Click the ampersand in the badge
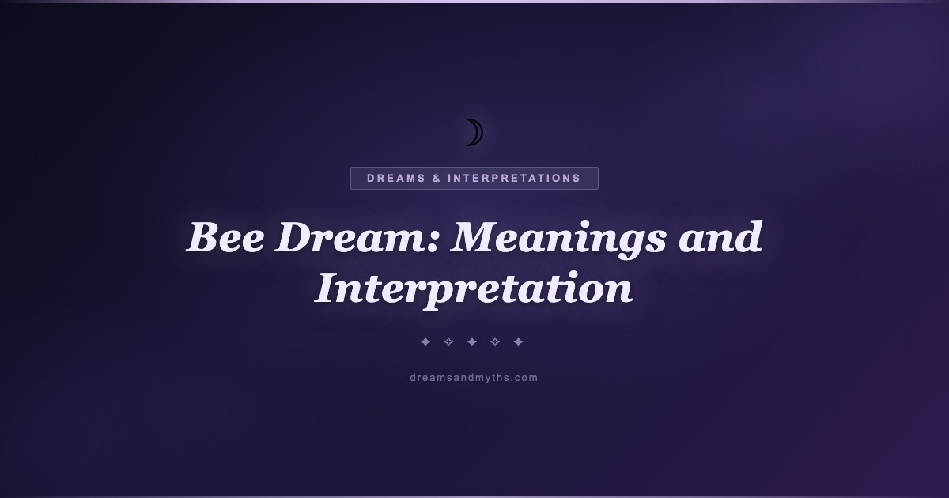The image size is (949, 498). click(437, 179)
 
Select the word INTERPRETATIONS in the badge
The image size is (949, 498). click(514, 179)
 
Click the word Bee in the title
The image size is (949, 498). click(226, 237)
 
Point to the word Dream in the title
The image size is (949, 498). click(350, 237)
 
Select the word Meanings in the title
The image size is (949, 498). click(558, 240)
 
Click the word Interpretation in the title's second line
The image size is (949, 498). click(473, 289)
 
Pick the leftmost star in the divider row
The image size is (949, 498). click(425, 341)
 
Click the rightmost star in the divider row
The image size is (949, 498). click(519, 341)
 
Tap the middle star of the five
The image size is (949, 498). click(472, 341)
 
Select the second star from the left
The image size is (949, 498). click(448, 341)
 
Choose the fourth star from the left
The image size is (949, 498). click(495, 341)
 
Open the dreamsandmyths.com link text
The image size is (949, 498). click(474, 378)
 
